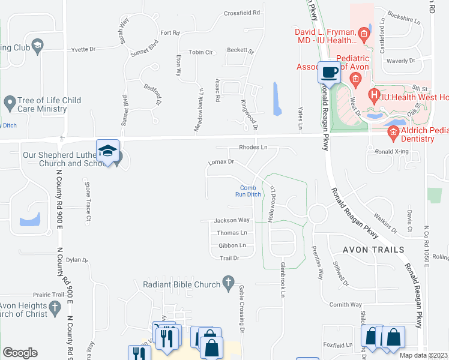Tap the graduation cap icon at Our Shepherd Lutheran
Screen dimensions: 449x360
(x=107, y=151)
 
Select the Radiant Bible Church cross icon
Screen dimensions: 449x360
(x=228, y=281)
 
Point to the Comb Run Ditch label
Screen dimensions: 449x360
(x=247, y=191)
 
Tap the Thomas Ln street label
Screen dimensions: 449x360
(x=232, y=233)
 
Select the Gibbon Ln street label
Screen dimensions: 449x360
(x=232, y=245)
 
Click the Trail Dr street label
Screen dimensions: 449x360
(x=229, y=258)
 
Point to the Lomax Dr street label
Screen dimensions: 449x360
(x=220, y=162)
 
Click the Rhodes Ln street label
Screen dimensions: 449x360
(x=253, y=147)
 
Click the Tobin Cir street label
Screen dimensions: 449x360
(x=201, y=52)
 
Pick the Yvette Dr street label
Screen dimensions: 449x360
(x=83, y=50)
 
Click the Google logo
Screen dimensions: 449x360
(x=20, y=353)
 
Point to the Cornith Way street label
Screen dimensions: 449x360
(x=345, y=305)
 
